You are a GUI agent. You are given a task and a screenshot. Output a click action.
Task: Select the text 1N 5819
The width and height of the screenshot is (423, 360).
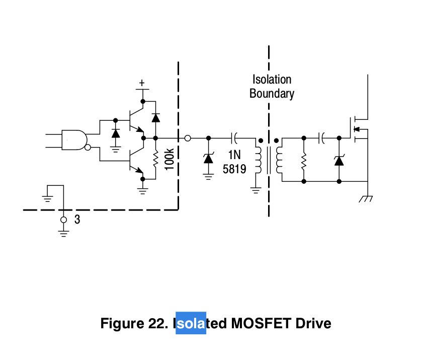[234, 162]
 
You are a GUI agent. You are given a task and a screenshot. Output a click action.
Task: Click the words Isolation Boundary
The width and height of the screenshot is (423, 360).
[272, 86]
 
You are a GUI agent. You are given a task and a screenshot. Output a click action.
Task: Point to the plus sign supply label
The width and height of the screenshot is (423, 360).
[142, 82]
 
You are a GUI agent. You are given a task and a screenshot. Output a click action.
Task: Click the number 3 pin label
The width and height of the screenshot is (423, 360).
[77, 220]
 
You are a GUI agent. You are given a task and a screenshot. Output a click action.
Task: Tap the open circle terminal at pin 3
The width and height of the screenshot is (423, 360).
[63, 220]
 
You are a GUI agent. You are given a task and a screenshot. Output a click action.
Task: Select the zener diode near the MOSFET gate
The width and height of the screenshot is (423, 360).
[339, 160]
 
